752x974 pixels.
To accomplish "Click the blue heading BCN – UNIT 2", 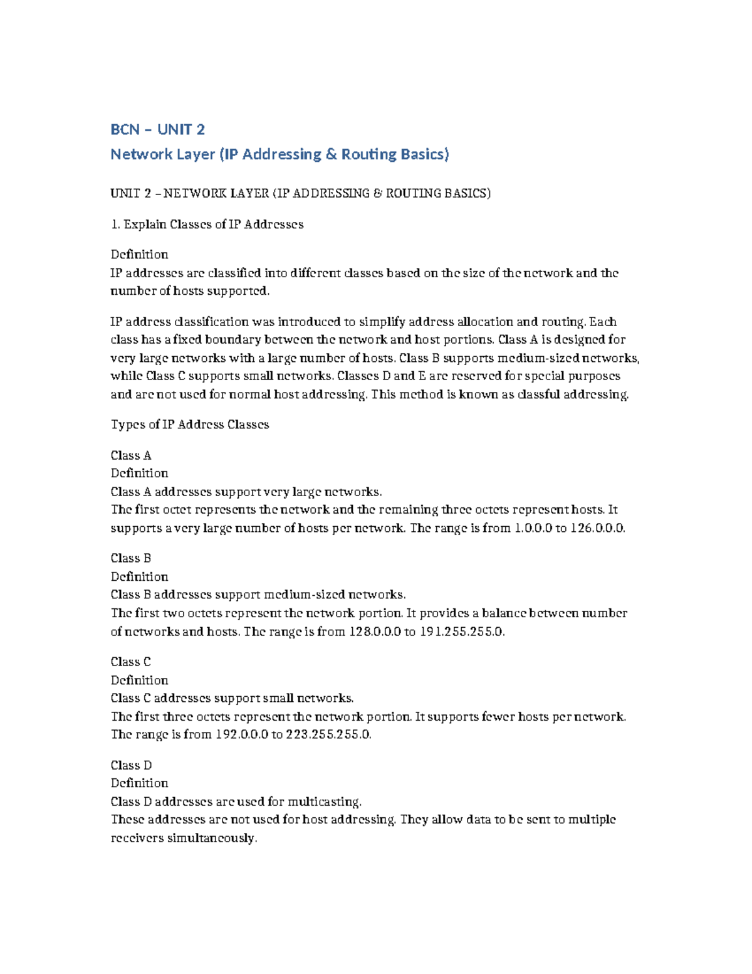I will [x=157, y=130].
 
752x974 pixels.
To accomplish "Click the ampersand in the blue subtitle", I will [x=332, y=154].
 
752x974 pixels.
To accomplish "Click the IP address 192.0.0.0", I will [x=241, y=734].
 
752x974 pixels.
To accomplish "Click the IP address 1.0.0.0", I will [x=533, y=528].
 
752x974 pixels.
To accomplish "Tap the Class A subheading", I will [x=131, y=455].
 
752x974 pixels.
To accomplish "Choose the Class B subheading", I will [x=131, y=558].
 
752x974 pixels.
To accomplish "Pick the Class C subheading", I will [x=131, y=662].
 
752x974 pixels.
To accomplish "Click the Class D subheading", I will [x=131, y=765].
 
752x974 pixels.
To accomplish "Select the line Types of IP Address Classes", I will [x=190, y=425].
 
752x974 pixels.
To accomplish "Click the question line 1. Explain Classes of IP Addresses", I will [x=207, y=225].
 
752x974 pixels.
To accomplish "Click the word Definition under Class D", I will [x=139, y=783].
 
